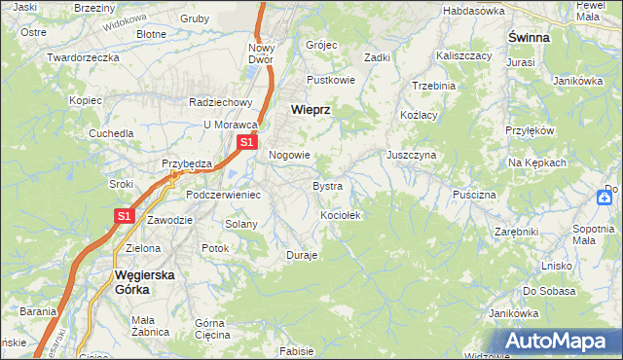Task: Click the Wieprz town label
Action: pyautogui.click(x=311, y=111)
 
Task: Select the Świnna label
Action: pyautogui.click(x=529, y=37)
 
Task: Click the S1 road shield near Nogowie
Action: pyautogui.click(x=247, y=142)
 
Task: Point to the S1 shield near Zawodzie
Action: pyautogui.click(x=125, y=217)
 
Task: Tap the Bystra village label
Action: pyautogui.click(x=327, y=185)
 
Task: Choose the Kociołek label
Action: pyautogui.click(x=341, y=215)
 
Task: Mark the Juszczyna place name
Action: pyautogui.click(x=411, y=155)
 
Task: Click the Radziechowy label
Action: pyautogui.click(x=221, y=102)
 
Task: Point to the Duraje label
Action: pyautogui.click(x=302, y=255)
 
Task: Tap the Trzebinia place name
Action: pyautogui.click(x=433, y=86)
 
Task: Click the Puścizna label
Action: pyautogui.click(x=474, y=195)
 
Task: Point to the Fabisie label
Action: pyautogui.click(x=296, y=350)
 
